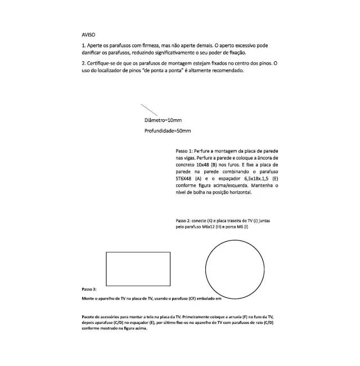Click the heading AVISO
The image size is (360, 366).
point(88,34)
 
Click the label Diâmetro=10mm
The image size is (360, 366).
point(163,120)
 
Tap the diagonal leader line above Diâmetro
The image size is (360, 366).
point(148,110)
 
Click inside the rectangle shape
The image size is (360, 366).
point(138,269)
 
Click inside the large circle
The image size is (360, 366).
point(235,269)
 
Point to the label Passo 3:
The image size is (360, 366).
point(89,288)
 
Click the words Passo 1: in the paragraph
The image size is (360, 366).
point(185,151)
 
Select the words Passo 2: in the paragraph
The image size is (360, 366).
point(184,220)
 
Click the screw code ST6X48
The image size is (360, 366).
point(183,178)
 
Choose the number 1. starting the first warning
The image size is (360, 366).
point(83,45)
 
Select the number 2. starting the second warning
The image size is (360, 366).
point(83,62)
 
